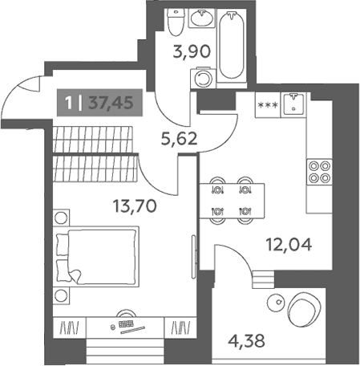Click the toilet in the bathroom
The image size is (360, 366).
pyautogui.click(x=176, y=22)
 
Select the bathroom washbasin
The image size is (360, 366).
pyautogui.click(x=202, y=18)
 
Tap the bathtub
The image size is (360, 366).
pyautogui.click(x=231, y=46)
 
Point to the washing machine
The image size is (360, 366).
pyautogui.click(x=203, y=78)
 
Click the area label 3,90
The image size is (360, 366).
pyautogui.click(x=192, y=51)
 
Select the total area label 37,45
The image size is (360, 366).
pyautogui.click(x=111, y=103)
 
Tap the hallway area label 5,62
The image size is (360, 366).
pyautogui.click(x=179, y=138)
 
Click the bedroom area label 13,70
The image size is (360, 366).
pyautogui.click(x=135, y=206)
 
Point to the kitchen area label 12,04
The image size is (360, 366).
pyautogui.click(x=289, y=245)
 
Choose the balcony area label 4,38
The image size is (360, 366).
pyautogui.click(x=246, y=341)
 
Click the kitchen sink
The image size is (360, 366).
pyautogui.click(x=293, y=104)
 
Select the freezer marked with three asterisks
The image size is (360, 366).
pyautogui.click(x=268, y=105)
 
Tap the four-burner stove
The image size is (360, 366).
pyautogui.click(x=319, y=172)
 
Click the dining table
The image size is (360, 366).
pyautogui.click(x=232, y=201)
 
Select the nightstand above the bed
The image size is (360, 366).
pyautogui.click(x=61, y=218)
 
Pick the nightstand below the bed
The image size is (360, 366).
pyautogui.click(x=61, y=295)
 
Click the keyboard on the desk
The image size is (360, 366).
pyautogui.click(x=126, y=323)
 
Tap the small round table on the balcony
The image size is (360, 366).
pyautogui.click(x=276, y=302)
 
